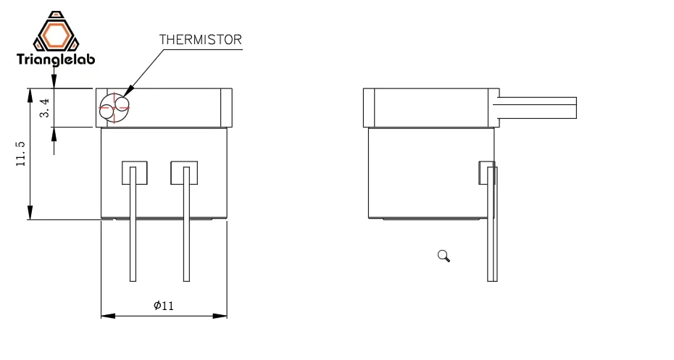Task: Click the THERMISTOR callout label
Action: (x=200, y=40)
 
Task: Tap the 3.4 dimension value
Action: (x=45, y=109)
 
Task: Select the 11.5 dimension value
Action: (x=21, y=154)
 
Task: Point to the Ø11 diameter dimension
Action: (x=164, y=306)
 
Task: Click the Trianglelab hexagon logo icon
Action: (x=55, y=33)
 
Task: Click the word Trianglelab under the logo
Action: (x=55, y=61)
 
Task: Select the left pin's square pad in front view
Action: (x=134, y=172)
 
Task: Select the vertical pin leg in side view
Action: (x=494, y=232)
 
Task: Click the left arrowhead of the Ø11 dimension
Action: (x=107, y=316)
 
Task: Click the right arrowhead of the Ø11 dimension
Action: (x=220, y=316)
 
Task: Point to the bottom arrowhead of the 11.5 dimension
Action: (x=30, y=213)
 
